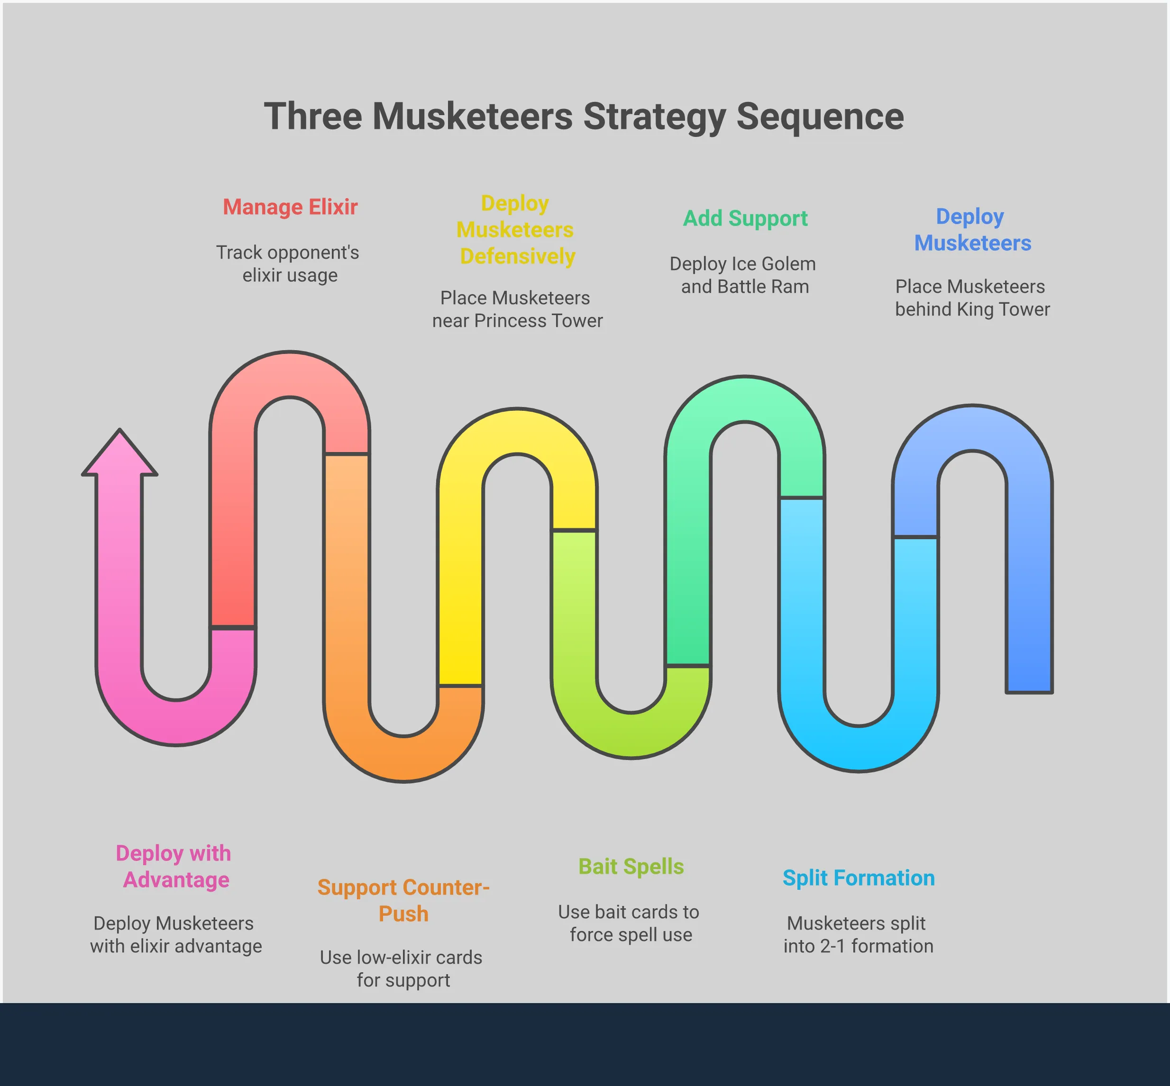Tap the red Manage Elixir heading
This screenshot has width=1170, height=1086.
pos(290,207)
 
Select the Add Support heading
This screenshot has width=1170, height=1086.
pos(745,218)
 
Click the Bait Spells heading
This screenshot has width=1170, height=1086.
pos(631,866)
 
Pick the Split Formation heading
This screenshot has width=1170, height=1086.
pos(859,878)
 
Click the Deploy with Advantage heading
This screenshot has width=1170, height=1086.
pos(174,866)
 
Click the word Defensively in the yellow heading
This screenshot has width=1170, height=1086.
pos(517,256)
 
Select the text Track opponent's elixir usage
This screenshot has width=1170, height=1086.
pos(288,264)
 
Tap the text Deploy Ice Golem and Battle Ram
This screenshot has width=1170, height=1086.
pos(743,275)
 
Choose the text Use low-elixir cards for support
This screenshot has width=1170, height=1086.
pos(402,968)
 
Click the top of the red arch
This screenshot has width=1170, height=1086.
pos(290,374)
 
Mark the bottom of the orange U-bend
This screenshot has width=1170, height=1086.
pos(404,759)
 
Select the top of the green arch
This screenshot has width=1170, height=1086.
pos(745,398)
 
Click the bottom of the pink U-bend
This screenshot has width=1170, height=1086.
pos(176,723)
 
